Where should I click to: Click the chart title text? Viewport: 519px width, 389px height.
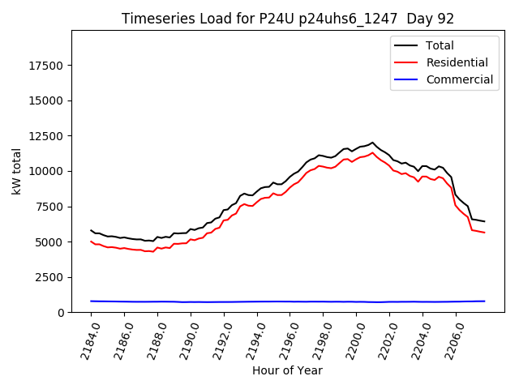pos(288,19)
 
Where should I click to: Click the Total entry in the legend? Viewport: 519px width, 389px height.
pos(440,45)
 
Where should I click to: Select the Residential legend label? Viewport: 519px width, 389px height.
pos(457,62)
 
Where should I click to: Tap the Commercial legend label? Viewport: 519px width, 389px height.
pos(459,79)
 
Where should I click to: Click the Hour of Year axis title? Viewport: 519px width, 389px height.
pos(288,370)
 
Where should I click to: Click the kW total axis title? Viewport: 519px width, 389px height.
pos(16,172)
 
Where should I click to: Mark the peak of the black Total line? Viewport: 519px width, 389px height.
pos(373,143)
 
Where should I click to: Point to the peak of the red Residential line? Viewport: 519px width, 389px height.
pos(373,152)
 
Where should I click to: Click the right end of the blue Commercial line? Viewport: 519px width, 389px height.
pos(484,301)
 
